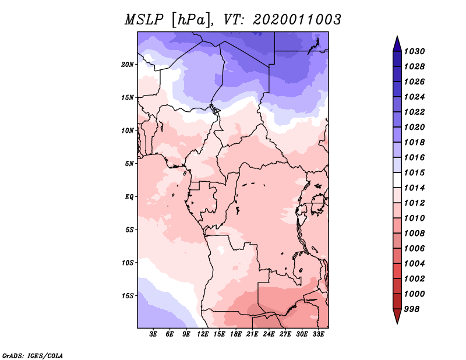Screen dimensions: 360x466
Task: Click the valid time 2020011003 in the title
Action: (x=296, y=19)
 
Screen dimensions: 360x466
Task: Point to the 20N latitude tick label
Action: (x=128, y=64)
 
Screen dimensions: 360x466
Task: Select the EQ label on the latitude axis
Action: (x=129, y=196)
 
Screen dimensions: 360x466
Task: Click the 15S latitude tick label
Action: (x=128, y=295)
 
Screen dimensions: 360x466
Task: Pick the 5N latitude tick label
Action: (x=129, y=163)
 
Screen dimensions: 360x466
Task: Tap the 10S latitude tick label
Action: (x=128, y=263)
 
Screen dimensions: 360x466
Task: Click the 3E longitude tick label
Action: (x=154, y=334)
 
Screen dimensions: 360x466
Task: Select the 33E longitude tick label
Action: (x=318, y=334)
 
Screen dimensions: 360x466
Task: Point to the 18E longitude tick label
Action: (x=236, y=334)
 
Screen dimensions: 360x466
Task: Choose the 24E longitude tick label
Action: (x=269, y=334)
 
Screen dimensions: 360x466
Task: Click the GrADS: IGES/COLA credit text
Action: (x=32, y=355)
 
